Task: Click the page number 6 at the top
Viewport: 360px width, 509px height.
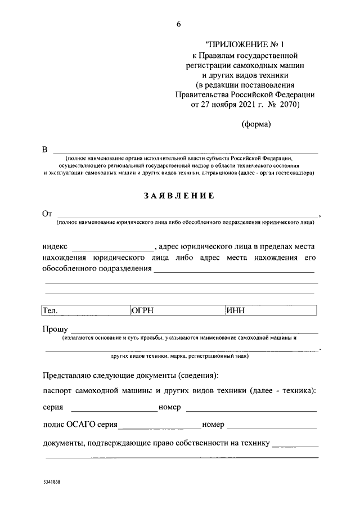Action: point(178,23)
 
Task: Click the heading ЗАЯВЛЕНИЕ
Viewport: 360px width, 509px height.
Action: point(179,196)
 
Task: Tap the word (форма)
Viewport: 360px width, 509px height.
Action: point(256,124)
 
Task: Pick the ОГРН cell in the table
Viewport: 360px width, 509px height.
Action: point(143,310)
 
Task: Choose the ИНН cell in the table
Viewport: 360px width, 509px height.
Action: point(236,310)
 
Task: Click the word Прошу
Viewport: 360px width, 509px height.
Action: point(55,329)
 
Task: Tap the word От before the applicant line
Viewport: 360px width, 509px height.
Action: point(47,214)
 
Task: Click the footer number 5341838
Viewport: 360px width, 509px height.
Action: point(53,483)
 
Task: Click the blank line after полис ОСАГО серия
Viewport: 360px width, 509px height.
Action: point(160,427)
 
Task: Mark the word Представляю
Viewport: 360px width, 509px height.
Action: point(69,375)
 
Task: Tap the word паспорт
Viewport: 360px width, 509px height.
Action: point(59,391)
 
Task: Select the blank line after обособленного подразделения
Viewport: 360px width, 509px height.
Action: point(234,271)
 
